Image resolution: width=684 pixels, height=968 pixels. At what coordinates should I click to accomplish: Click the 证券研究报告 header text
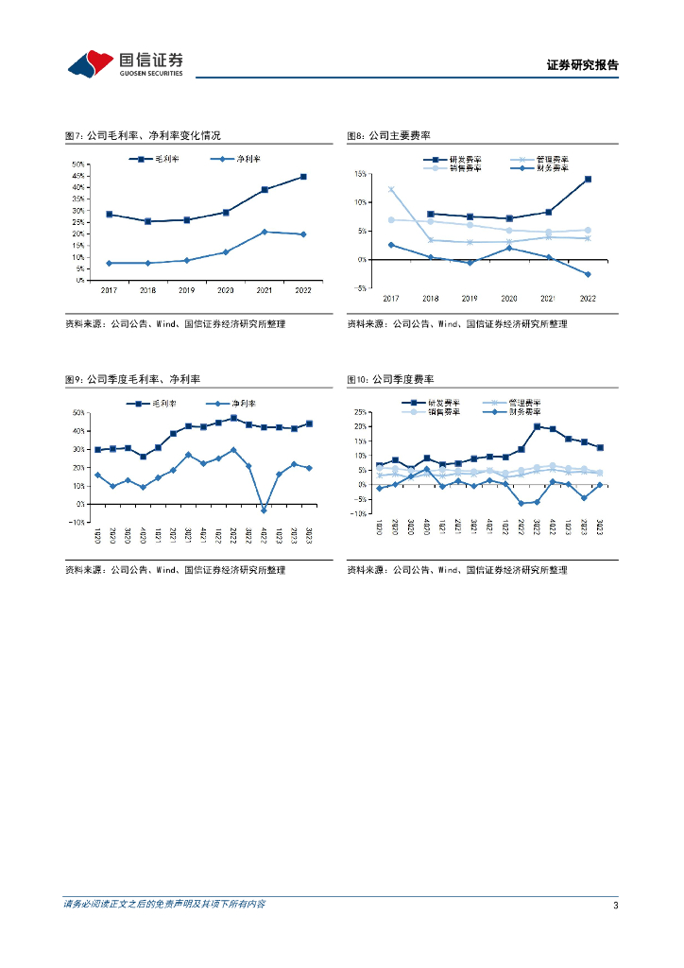click(x=582, y=65)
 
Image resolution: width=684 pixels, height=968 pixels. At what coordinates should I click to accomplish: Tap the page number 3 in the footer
click(x=615, y=906)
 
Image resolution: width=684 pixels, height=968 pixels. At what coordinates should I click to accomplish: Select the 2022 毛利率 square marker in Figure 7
click(x=303, y=177)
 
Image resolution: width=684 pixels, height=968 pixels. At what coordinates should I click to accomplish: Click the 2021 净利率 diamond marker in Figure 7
click(x=265, y=232)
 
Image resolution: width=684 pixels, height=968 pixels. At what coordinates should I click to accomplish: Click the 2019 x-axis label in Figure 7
click(x=187, y=289)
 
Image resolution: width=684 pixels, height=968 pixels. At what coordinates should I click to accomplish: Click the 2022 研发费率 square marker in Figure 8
click(x=588, y=179)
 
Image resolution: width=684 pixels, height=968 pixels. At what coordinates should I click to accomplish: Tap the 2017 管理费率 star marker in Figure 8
click(x=391, y=189)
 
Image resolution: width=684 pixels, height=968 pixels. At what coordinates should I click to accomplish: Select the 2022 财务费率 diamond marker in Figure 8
click(x=588, y=274)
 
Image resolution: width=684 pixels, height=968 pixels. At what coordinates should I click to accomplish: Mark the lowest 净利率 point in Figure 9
click(x=264, y=510)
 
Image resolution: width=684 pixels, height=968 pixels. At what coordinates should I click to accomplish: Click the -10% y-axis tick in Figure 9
click(x=77, y=523)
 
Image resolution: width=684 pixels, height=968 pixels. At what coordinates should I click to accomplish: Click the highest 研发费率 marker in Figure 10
click(x=538, y=426)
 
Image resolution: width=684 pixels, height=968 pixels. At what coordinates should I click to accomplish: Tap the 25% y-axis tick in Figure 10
click(x=359, y=412)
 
